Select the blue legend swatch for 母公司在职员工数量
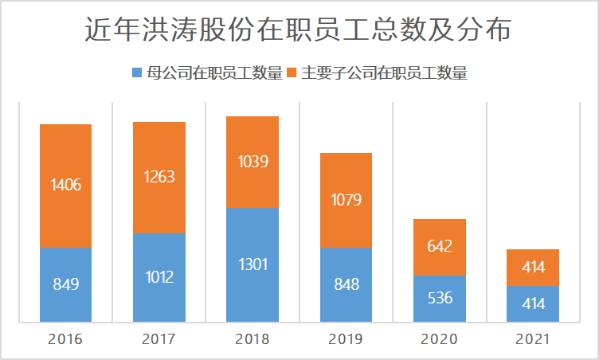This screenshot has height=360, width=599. coord(136,73)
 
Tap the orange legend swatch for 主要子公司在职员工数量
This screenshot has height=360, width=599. coord(292,73)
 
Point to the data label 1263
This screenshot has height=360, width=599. coord(159,177)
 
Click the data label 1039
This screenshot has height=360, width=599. coord(253,162)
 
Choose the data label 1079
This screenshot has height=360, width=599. coord(346,199)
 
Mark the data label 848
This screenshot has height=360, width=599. coord(346,284)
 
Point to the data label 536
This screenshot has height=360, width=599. coord(440,299)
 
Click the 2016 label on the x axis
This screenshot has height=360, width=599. coord(65,340)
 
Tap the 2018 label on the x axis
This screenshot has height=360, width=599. coord(253,340)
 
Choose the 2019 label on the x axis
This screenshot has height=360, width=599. coord(346,340)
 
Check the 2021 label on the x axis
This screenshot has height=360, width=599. coord(533,340)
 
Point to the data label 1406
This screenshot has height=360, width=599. coord(65,185)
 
